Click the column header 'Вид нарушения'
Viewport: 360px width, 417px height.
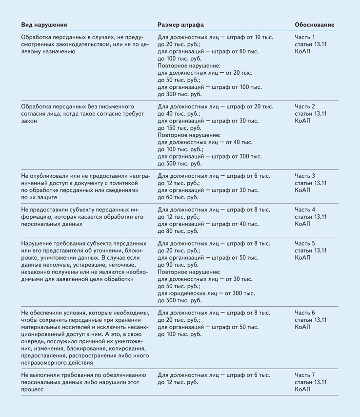coord(44,25)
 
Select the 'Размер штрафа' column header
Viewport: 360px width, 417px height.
coord(180,25)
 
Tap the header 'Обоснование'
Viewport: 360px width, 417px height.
coord(315,25)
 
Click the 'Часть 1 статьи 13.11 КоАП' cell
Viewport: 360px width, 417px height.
coord(311,44)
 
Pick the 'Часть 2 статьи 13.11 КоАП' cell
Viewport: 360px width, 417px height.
coord(311,113)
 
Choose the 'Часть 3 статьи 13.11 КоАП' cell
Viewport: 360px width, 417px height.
coord(311,183)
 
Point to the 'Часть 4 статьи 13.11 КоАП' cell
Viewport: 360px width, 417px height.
coord(311,216)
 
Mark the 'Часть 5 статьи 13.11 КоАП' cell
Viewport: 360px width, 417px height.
coord(311,250)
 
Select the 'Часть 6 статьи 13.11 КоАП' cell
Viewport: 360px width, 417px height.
coord(311,319)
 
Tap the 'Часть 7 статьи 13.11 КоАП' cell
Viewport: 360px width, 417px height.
coord(311,382)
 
